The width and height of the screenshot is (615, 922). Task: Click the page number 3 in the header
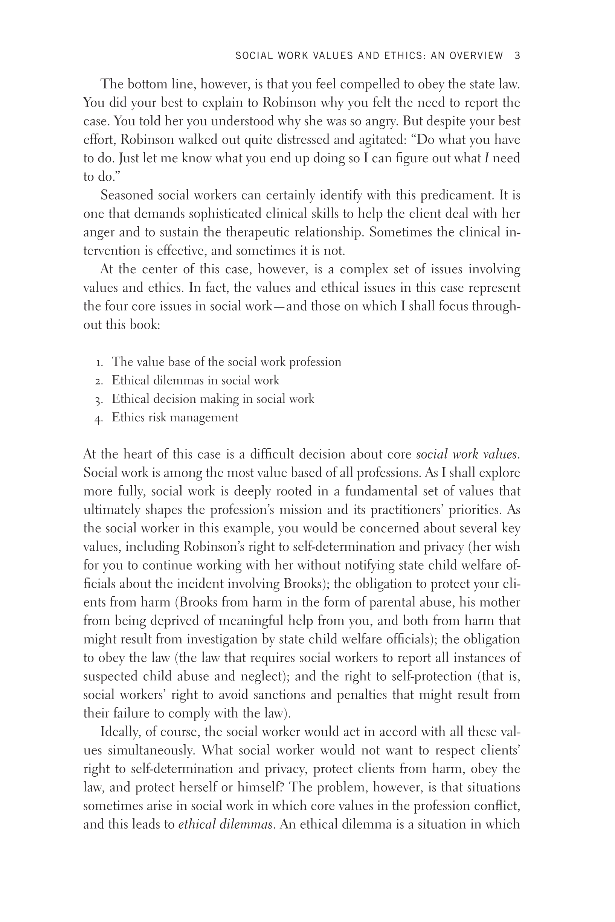tap(517, 56)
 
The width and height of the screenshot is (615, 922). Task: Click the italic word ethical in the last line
tap(197, 825)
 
